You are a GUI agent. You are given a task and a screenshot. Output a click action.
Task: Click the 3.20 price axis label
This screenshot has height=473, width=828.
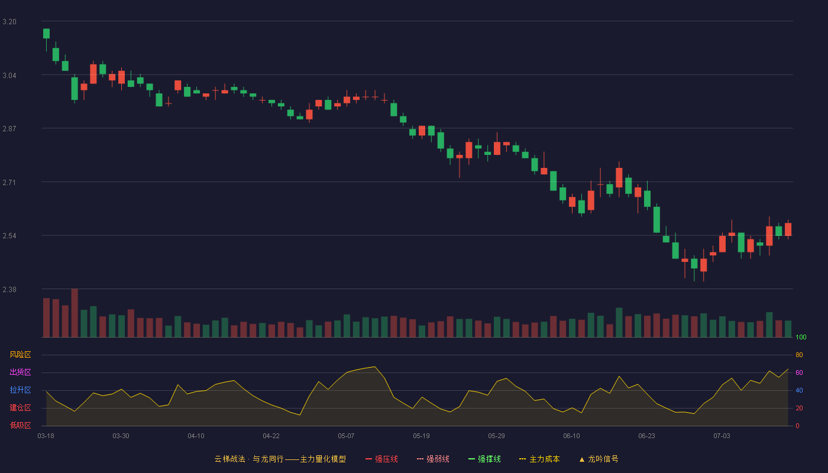tap(9, 22)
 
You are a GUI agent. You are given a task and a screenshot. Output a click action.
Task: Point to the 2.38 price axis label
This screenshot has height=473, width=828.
tap(9, 289)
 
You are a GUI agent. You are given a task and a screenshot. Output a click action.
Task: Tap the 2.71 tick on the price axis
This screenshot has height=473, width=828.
tap(9, 182)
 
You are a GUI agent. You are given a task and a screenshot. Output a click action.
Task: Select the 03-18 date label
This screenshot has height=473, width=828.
tap(46, 436)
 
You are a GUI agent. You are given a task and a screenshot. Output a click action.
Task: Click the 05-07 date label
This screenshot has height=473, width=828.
tap(346, 436)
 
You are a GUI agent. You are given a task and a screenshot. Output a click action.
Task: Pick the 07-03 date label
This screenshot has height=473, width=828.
tap(722, 436)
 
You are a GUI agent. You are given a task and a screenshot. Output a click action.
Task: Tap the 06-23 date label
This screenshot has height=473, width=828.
tap(646, 436)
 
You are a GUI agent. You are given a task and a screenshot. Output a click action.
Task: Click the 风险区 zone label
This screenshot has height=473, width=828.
tap(20, 354)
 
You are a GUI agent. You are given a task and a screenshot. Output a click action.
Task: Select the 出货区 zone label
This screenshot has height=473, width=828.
tap(20, 372)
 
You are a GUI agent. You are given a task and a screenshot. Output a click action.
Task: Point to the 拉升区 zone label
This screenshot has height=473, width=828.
tap(20, 390)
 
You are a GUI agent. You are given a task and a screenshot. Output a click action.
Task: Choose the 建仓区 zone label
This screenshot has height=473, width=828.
tap(20, 407)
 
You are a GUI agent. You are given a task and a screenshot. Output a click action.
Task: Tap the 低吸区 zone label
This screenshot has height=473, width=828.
tap(20, 425)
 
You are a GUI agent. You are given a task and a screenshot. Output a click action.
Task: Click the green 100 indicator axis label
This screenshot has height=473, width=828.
tap(801, 337)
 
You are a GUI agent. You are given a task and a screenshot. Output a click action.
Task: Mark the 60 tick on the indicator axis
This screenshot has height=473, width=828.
tap(799, 372)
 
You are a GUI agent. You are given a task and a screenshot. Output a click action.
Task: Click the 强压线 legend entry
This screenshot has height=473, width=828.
tap(381, 459)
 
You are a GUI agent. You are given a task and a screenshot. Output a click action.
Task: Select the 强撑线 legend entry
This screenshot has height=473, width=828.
tap(484, 459)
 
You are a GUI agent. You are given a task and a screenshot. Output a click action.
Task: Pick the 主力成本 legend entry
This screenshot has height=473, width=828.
tap(539, 459)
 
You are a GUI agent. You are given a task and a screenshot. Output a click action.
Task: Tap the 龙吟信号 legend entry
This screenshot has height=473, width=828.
tap(599, 459)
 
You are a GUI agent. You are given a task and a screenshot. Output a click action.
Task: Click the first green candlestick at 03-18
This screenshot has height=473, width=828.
tap(46, 34)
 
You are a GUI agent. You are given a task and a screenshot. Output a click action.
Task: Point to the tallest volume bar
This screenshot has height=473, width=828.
tap(75, 313)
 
